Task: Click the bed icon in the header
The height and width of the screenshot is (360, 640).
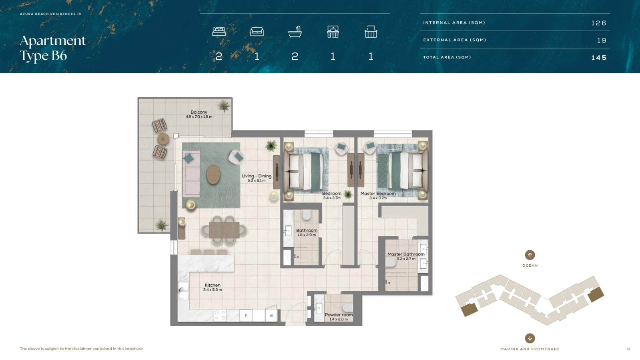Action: click(x=219, y=32)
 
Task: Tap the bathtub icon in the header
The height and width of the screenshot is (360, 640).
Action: click(x=295, y=32)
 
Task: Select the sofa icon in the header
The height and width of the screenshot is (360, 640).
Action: click(x=257, y=32)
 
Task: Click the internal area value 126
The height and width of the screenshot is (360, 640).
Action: click(x=598, y=23)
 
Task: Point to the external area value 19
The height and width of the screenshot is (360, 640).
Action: click(x=602, y=40)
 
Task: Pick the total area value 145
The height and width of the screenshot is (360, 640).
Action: click(x=598, y=58)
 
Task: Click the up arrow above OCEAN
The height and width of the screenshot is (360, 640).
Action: click(x=530, y=255)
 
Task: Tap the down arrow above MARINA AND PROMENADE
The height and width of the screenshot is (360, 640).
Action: click(x=530, y=338)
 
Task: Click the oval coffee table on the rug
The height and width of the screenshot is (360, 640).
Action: click(x=213, y=175)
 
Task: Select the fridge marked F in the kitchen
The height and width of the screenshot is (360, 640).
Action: click(x=246, y=316)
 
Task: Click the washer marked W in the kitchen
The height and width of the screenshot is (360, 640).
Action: click(x=271, y=316)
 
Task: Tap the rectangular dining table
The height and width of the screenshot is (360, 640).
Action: click(x=224, y=231)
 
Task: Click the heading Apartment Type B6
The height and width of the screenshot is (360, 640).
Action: click(x=53, y=48)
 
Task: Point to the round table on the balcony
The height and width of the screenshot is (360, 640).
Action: click(x=163, y=139)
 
